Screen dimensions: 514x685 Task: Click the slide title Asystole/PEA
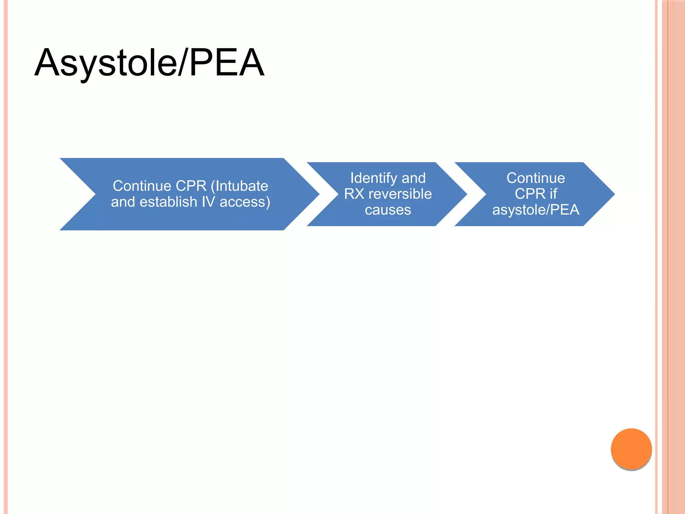(x=150, y=63)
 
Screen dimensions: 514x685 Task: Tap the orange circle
(x=631, y=449)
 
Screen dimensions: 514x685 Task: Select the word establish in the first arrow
(x=168, y=202)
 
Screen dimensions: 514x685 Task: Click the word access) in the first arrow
(x=245, y=202)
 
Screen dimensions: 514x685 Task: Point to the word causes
(x=388, y=210)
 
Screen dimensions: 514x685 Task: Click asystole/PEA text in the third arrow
(x=535, y=210)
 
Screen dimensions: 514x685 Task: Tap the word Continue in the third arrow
(x=535, y=178)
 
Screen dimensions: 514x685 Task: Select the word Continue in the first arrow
(x=142, y=186)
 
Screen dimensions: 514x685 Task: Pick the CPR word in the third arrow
(x=530, y=194)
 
